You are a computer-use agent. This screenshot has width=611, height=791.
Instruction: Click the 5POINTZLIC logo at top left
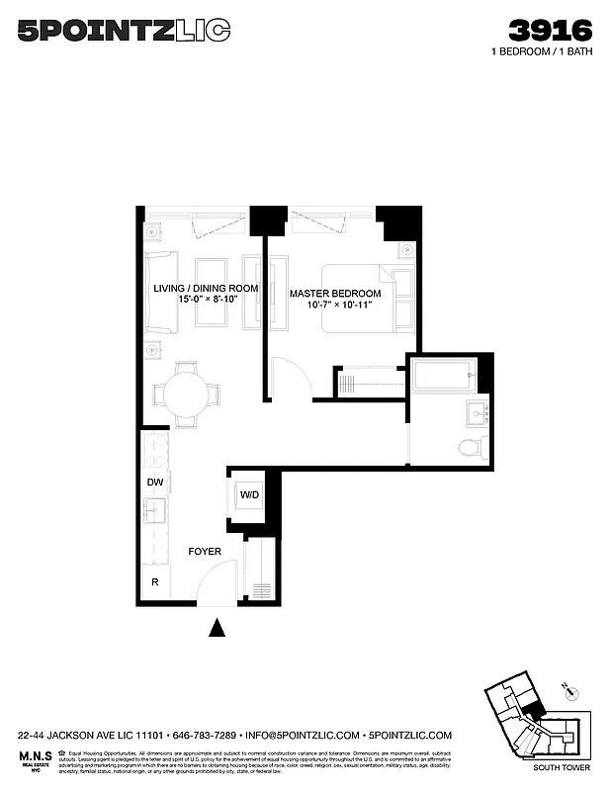click(124, 31)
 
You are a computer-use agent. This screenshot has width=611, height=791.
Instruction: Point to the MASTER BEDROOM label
click(335, 294)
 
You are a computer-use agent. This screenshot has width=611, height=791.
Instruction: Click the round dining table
click(186, 393)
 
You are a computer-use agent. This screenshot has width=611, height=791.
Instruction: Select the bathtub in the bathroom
click(444, 376)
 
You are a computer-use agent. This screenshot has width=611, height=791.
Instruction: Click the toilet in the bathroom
click(469, 447)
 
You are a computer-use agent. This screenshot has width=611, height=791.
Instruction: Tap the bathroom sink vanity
click(477, 412)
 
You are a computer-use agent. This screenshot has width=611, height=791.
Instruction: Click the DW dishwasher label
click(154, 483)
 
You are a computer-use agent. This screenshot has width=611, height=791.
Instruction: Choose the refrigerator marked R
click(155, 582)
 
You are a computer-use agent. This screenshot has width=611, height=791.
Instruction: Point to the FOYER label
click(205, 551)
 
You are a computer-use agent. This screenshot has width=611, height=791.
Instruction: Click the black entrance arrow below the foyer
click(218, 627)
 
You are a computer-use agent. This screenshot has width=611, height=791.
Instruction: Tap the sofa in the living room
click(159, 292)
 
